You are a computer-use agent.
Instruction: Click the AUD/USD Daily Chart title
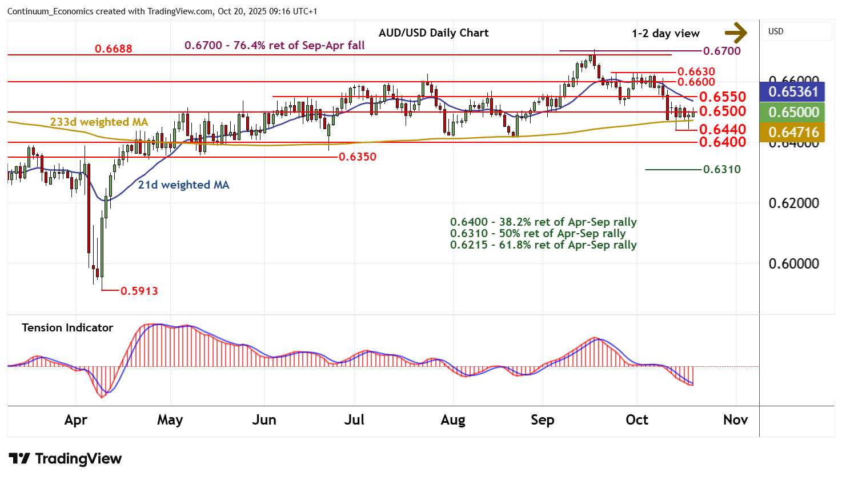434,33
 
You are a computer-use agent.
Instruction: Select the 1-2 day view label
665,33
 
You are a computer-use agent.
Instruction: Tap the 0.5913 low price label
140,291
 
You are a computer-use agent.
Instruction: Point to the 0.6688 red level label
113,49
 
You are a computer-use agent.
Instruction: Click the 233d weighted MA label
99,122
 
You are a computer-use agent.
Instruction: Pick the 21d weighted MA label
183,185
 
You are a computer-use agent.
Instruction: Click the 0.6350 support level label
358,157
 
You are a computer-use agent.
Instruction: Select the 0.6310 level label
722,169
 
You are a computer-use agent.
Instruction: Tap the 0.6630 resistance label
696,71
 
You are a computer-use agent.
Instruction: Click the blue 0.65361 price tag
793,91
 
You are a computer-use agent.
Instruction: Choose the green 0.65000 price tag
793,112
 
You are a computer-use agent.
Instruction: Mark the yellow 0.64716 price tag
793,132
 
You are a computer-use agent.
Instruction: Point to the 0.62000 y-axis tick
793,203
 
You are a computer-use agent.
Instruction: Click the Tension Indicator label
67,327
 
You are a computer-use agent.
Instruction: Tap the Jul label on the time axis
354,420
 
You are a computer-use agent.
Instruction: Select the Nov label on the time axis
735,420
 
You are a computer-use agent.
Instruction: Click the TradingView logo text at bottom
78,459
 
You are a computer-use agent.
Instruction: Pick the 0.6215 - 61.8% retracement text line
543,245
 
